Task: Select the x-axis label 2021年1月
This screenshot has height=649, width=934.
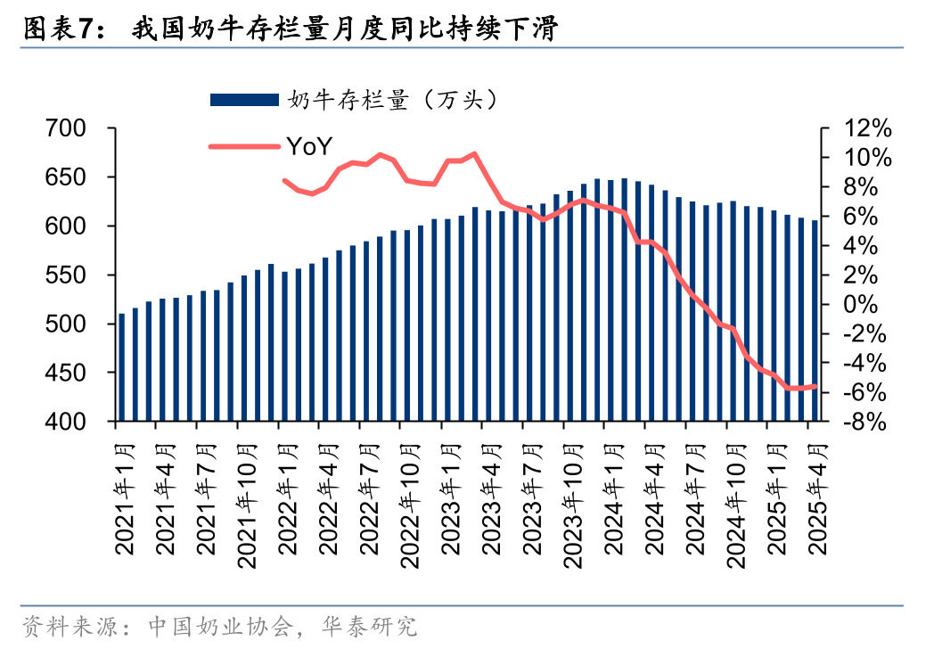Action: click(123, 495)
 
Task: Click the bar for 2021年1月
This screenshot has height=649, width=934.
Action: click(122, 367)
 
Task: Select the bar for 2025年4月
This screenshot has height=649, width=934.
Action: click(815, 321)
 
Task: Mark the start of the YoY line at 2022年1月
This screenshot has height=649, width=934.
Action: click(285, 181)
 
